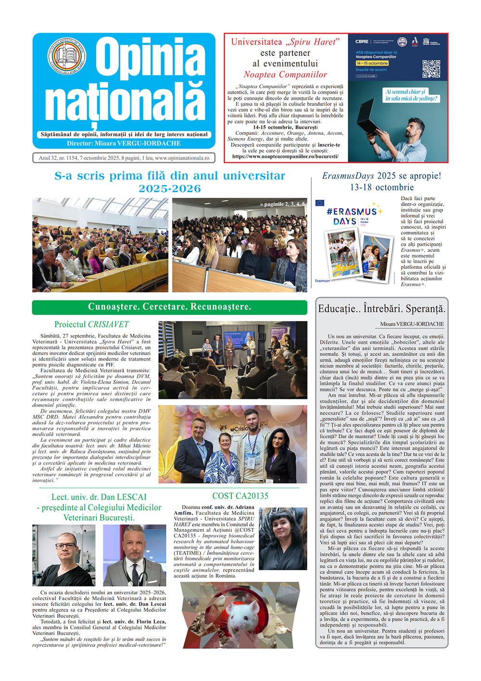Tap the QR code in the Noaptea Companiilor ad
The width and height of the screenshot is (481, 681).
[x=431, y=69]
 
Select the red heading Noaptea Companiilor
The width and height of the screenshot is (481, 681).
[x=285, y=75]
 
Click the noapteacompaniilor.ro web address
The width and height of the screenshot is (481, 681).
[x=285, y=157]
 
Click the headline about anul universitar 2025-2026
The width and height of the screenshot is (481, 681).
[x=170, y=182]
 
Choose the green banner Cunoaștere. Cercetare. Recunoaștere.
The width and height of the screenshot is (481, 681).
[x=169, y=307]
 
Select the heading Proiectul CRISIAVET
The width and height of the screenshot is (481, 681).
[x=91, y=325]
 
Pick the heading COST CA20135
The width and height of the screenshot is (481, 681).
[x=240, y=496]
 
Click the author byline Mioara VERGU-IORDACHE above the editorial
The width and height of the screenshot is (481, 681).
[x=412, y=324]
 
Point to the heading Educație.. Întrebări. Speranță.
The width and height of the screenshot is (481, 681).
[x=382, y=309]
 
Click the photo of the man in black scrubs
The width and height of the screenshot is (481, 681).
[x=63, y=555]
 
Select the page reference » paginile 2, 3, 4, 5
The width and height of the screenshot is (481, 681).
[x=282, y=204]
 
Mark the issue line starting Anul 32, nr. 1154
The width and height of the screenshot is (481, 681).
[x=124, y=158]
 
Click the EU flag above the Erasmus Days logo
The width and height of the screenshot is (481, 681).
[x=320, y=203]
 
